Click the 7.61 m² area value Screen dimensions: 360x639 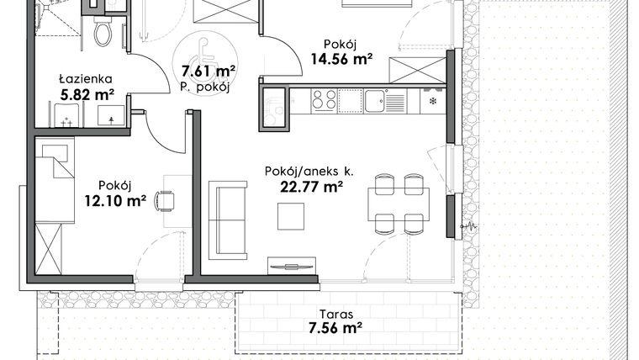(206, 72)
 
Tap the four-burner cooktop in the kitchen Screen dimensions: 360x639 (324, 100)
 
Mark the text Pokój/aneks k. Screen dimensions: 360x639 (309, 171)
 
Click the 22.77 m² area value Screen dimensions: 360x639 (310, 187)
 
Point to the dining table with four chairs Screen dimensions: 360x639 (399, 202)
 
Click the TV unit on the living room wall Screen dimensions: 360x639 (292, 267)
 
